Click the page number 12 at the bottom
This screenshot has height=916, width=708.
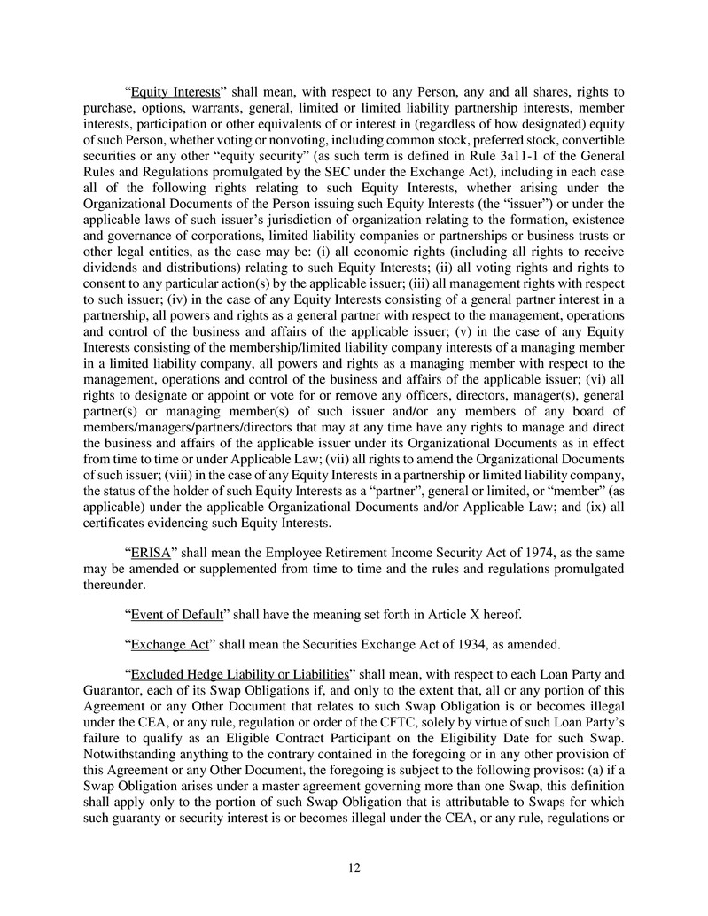[354, 867]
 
